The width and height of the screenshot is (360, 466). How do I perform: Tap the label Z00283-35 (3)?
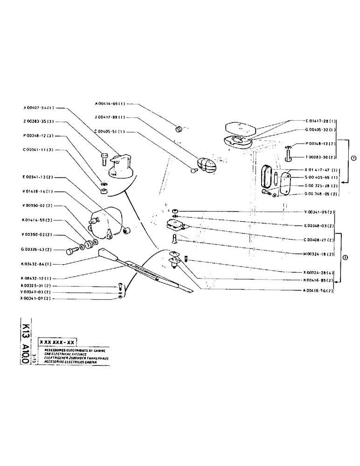39,122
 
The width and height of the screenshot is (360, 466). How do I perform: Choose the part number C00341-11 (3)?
39,150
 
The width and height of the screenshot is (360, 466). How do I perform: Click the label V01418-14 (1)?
39,192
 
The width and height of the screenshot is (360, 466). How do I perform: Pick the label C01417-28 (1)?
321,121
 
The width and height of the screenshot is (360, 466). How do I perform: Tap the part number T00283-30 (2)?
321,157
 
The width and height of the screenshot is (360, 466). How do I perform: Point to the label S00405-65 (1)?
321,178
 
